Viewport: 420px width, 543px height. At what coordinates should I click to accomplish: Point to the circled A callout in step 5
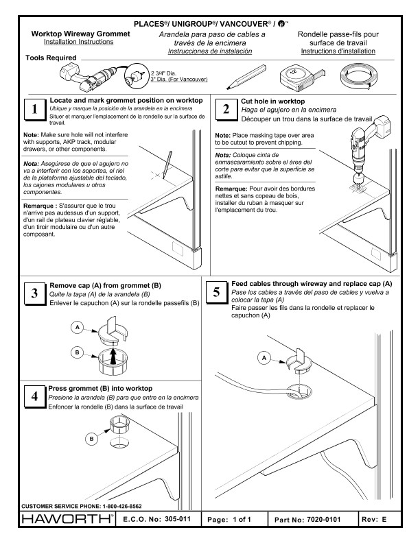point(264,356)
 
